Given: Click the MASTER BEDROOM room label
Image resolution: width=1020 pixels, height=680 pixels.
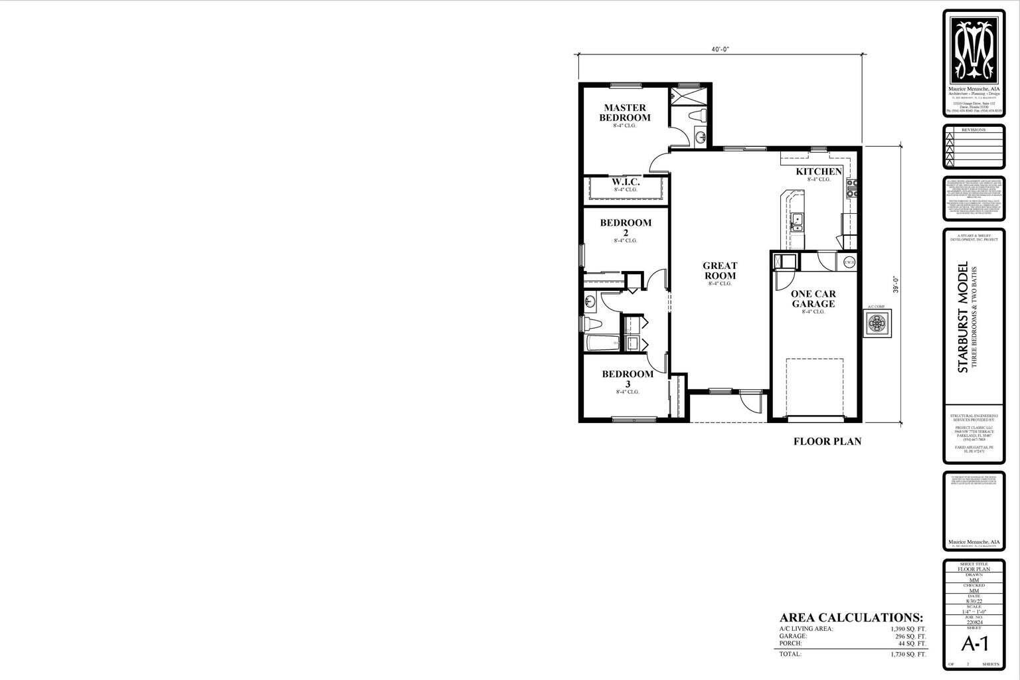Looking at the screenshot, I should (x=625, y=112).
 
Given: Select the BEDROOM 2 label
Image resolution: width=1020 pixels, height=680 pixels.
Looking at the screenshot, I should (x=626, y=227).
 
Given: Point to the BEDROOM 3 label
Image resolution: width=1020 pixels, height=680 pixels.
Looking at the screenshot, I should (x=628, y=379).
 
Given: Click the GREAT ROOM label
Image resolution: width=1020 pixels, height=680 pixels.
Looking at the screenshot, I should (x=720, y=270).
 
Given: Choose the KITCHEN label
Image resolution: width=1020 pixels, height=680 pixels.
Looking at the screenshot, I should (x=819, y=172).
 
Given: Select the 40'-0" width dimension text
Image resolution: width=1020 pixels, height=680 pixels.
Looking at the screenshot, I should (x=720, y=50).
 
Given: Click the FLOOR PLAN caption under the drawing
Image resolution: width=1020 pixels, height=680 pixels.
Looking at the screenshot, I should (x=827, y=441).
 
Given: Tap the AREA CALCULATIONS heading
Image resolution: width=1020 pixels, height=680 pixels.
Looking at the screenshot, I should (x=851, y=617).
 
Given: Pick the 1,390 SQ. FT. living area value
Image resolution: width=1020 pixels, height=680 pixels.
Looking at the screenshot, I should (x=908, y=628).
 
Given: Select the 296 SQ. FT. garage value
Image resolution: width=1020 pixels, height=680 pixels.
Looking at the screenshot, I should (x=910, y=636).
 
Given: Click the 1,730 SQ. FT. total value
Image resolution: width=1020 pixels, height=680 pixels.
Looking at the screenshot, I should (x=908, y=654).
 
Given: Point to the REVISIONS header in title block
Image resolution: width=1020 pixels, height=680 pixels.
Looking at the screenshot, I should (x=974, y=130).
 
